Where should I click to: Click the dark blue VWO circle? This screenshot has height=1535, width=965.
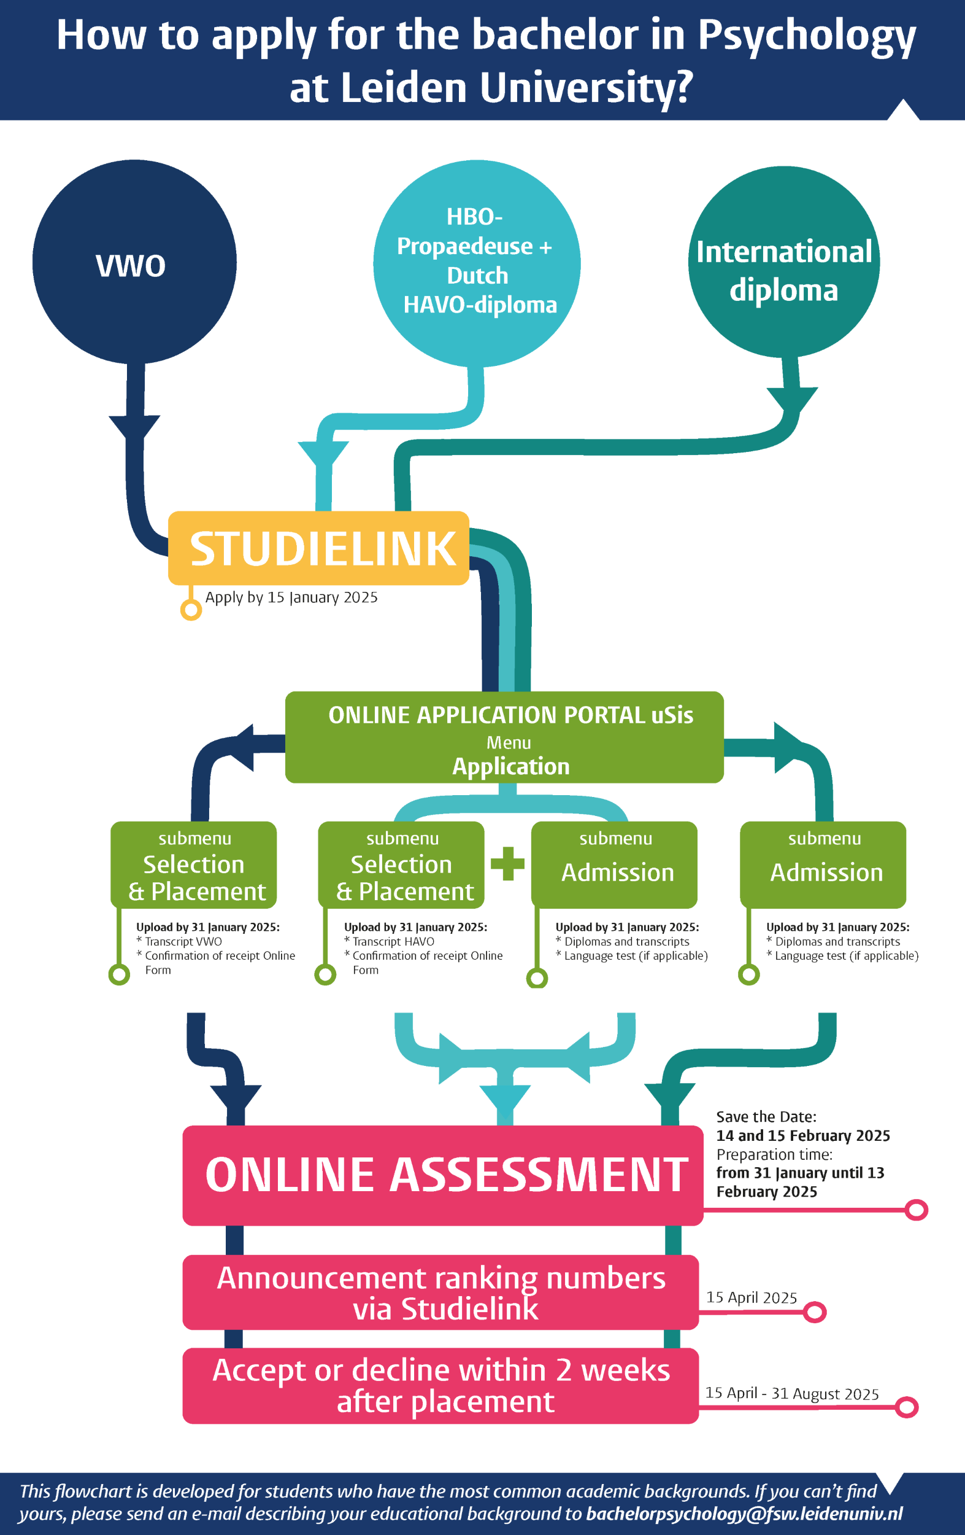(134, 262)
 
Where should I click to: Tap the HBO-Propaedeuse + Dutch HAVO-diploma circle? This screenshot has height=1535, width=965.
(477, 263)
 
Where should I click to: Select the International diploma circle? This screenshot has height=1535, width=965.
(784, 262)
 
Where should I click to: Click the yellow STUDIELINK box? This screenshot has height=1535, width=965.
(318, 548)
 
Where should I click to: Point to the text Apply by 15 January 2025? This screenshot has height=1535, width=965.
(291, 597)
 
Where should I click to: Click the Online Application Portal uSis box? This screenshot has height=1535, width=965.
(504, 737)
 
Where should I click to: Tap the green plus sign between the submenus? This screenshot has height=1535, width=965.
(508, 864)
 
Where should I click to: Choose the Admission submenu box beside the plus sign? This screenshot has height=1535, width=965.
(615, 865)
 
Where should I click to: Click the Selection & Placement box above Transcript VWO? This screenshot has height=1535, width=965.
(194, 865)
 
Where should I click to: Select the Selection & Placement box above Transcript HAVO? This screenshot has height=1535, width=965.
(401, 865)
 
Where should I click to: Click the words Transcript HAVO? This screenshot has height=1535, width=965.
(394, 941)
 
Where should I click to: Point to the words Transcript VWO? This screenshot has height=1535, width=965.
(183, 941)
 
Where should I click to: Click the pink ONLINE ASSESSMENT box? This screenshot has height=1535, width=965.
(443, 1175)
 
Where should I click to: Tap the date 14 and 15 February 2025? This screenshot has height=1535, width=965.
(803, 1135)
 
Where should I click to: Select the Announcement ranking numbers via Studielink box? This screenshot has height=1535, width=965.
(440, 1292)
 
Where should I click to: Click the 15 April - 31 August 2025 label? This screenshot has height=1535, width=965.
(792, 1394)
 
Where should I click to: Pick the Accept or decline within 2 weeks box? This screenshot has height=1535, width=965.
(440, 1386)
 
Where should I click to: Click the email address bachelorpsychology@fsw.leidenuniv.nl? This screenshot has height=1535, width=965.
(745, 1514)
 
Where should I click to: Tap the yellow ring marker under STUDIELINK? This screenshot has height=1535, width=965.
(191, 610)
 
